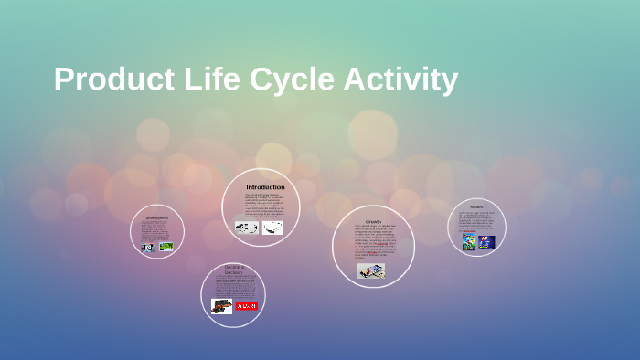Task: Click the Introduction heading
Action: click(265, 187)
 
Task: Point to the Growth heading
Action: click(373, 222)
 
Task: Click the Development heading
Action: click(157, 217)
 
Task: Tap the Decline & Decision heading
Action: click(233, 270)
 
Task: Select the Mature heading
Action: click(477, 206)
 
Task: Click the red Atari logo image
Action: click(247, 306)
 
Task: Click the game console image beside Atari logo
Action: click(221, 306)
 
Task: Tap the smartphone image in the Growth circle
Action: click(370, 270)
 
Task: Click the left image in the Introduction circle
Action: click(247, 228)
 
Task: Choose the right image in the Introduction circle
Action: click(272, 228)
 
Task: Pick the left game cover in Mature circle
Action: click(468, 242)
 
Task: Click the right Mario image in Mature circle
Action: click(486, 242)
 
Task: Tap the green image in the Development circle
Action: click(165, 246)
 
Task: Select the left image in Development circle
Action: click(147, 246)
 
